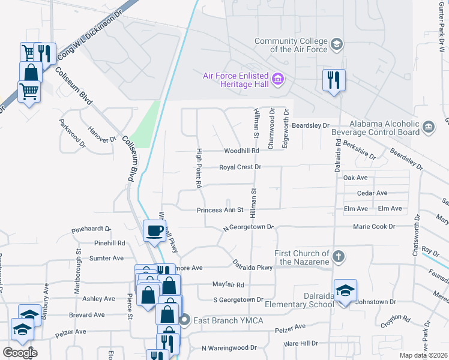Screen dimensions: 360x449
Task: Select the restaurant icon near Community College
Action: [333, 80]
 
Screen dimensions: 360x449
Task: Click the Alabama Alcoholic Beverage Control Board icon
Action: [429, 127]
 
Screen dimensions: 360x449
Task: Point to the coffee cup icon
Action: [155, 230]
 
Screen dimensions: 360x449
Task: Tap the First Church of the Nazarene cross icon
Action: [339, 257]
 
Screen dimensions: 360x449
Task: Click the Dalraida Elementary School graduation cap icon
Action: [345, 292]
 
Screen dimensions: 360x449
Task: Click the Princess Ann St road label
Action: [220, 210]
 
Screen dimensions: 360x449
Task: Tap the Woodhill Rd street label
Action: [241, 151]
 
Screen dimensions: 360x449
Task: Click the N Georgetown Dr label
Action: [248, 228]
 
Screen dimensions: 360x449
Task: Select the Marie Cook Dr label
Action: [374, 227]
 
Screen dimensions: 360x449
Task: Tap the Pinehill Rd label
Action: [109, 243]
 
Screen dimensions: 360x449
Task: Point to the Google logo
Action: [20, 353]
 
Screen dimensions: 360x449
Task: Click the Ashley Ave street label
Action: [98, 299]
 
